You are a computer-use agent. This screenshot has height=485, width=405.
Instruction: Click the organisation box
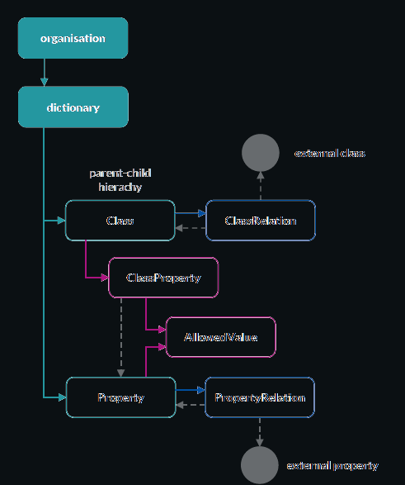click(73, 38)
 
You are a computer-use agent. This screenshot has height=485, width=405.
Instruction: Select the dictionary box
click(73, 107)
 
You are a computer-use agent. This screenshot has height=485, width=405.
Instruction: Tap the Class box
click(120, 221)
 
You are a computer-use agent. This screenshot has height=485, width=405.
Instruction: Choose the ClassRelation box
click(261, 221)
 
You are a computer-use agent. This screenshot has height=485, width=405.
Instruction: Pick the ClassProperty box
click(163, 278)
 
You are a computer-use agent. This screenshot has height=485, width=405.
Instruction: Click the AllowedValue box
click(221, 337)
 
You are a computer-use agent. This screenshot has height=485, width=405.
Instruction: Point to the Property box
click(121, 397)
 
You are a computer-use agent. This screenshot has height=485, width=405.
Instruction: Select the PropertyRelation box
click(260, 397)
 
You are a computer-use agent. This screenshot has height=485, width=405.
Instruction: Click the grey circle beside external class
click(261, 153)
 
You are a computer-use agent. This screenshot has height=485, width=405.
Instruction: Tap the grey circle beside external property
click(260, 465)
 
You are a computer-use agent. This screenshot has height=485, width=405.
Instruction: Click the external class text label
click(330, 154)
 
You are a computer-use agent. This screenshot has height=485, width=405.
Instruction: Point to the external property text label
click(332, 466)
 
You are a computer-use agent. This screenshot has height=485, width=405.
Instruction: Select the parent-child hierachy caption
click(120, 180)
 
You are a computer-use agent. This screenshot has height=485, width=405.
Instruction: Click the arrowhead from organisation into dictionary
click(45, 83)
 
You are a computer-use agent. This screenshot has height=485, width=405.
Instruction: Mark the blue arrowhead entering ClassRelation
click(202, 213)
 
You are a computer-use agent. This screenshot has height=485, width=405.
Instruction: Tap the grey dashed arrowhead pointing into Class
click(179, 228)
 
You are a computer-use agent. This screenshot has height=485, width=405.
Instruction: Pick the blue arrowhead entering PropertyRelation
click(201, 390)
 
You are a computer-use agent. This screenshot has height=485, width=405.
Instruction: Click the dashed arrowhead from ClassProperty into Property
click(121, 373)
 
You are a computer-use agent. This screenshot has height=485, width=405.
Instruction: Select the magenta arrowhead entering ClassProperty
click(105, 278)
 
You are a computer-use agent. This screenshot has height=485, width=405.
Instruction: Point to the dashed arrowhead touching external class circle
click(261, 175)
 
